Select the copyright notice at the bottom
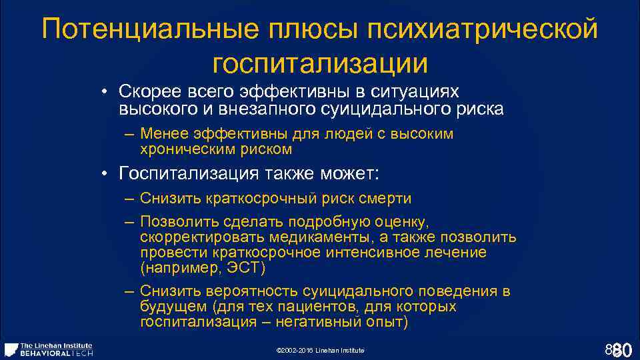tap(319, 350)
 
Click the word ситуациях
tap(427, 91)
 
